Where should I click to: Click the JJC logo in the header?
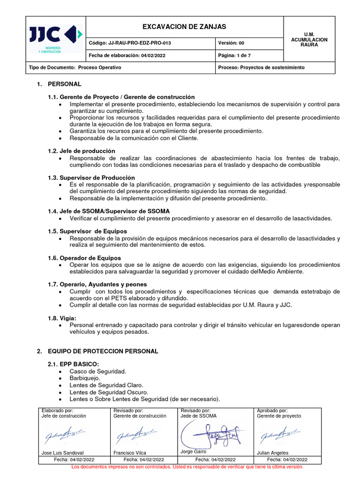click(x=55, y=38)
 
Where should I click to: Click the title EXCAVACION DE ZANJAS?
click(x=184, y=27)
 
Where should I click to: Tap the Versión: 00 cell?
click(x=231, y=43)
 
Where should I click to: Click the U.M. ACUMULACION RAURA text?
click(x=309, y=40)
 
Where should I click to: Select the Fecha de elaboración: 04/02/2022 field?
click(x=127, y=55)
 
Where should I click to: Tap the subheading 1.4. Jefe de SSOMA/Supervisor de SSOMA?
click(x=108, y=211)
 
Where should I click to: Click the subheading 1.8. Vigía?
click(x=62, y=318)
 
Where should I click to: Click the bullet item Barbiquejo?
click(x=84, y=378)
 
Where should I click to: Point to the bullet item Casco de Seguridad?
click(x=97, y=371)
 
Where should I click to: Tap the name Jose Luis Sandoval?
click(x=63, y=453)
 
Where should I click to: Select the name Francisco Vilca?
click(x=130, y=453)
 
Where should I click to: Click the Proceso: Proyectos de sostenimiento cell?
click(x=261, y=67)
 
